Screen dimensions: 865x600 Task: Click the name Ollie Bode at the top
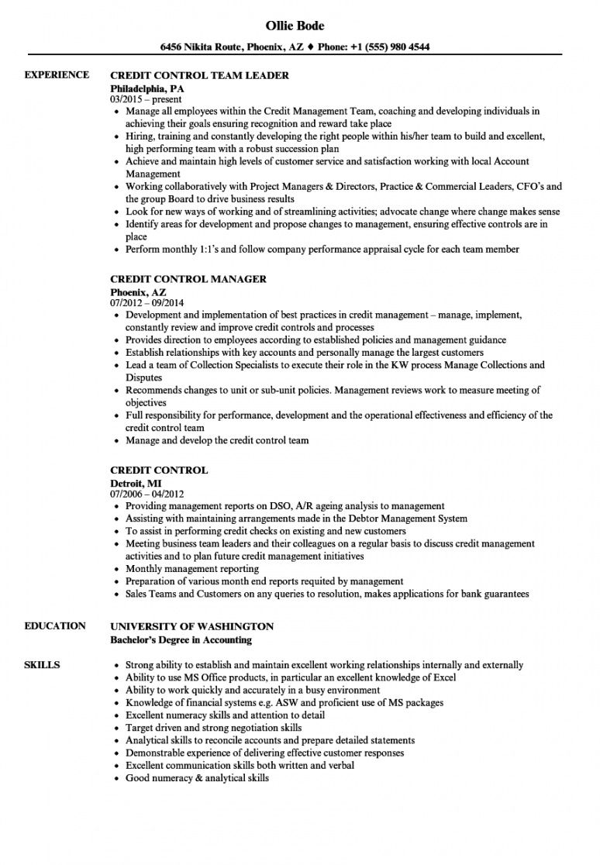tap(302, 26)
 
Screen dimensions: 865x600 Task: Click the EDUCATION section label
tap(55, 625)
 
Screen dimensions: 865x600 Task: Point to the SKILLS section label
tap(43, 664)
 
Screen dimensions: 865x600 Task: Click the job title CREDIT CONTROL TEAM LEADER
tap(200, 75)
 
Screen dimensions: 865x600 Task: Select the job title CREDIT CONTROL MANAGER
tap(189, 279)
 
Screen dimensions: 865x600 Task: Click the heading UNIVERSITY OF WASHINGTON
tap(192, 625)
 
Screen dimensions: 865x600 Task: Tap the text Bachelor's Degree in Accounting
tap(181, 639)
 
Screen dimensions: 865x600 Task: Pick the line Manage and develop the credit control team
tap(217, 440)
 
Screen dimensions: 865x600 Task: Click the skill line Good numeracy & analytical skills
tap(197, 777)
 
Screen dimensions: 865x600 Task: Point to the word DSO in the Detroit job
tap(267, 506)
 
